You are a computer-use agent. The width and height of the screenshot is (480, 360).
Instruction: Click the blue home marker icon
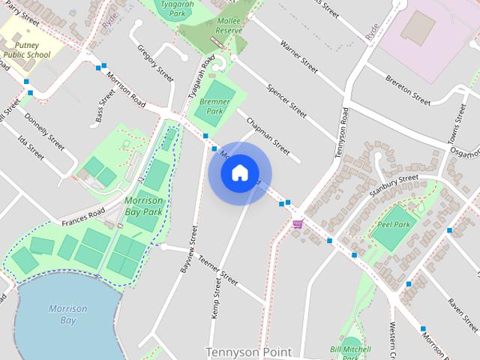tap(239, 173)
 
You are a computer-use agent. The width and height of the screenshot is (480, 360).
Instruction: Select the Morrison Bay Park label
tap(142, 206)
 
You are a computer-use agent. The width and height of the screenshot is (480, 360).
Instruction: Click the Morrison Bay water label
tap(67, 314)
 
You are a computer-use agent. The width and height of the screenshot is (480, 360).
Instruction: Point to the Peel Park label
tap(394, 224)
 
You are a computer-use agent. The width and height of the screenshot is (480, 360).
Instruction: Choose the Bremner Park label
tap(214, 106)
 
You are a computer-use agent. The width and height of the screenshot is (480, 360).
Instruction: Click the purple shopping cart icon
tap(298, 223)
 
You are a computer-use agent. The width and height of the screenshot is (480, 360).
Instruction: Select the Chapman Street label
tap(267, 136)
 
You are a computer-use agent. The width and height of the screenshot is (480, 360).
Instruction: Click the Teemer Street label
tap(217, 271)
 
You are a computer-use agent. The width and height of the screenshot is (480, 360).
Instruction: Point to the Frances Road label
tap(83, 217)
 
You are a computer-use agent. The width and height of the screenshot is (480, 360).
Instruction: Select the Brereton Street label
tap(408, 89)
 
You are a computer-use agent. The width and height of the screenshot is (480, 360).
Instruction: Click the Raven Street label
tap(462, 315)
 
